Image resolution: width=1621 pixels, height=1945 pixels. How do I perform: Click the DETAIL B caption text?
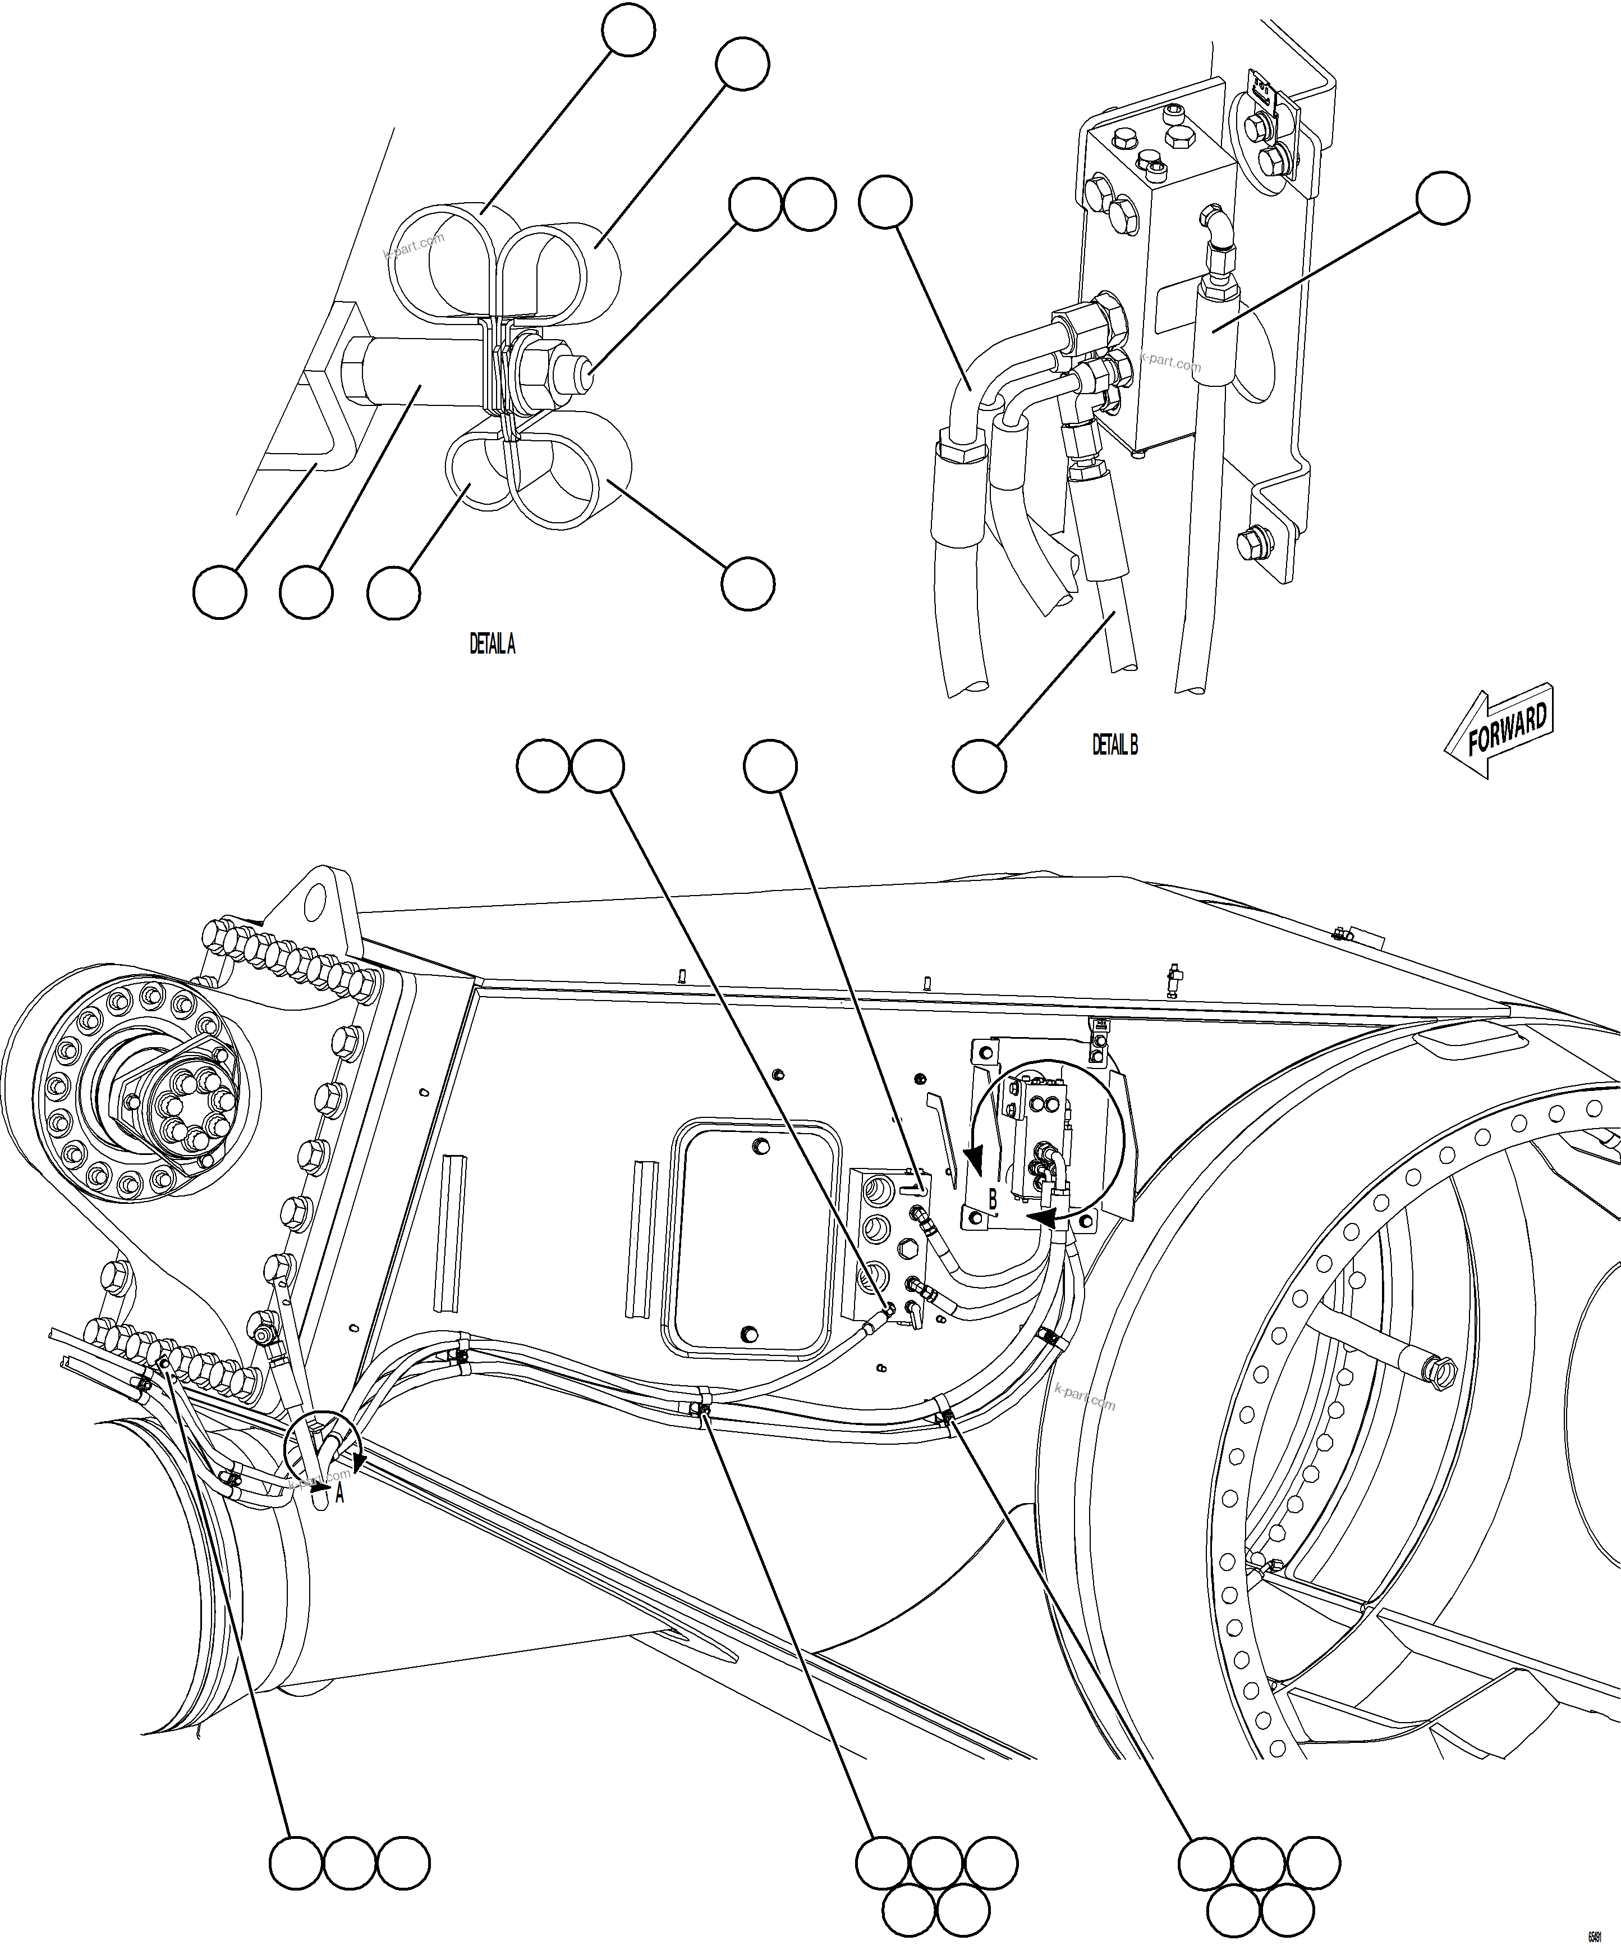tap(1114, 744)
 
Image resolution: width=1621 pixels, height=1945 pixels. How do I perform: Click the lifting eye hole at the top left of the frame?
tap(318, 897)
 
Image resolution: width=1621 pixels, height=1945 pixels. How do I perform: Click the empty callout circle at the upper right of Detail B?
tap(1443, 197)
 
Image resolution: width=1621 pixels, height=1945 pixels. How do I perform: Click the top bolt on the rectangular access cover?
tap(761, 1147)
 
